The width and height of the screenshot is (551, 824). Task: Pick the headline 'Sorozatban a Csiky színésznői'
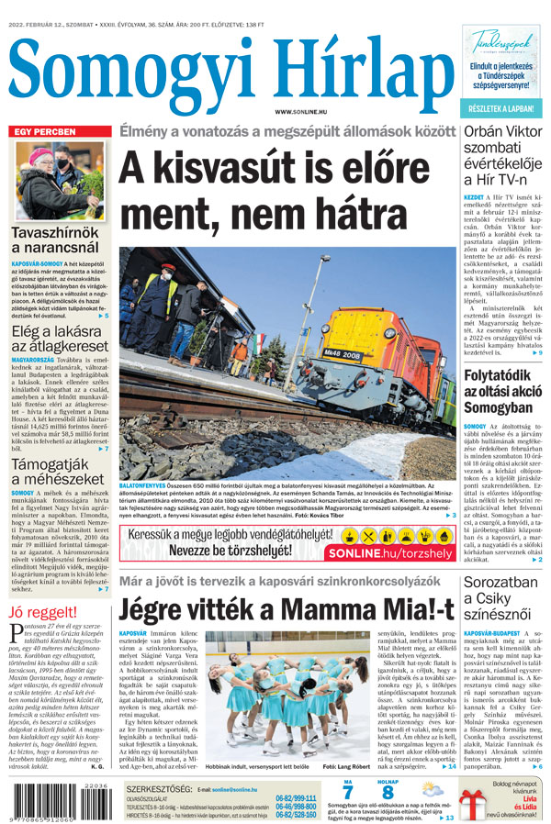pyautogui.click(x=500, y=599)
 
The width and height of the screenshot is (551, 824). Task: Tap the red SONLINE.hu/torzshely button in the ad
pyautogui.click(x=396, y=553)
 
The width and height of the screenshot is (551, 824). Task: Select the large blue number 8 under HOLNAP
pyautogui.click(x=388, y=792)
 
